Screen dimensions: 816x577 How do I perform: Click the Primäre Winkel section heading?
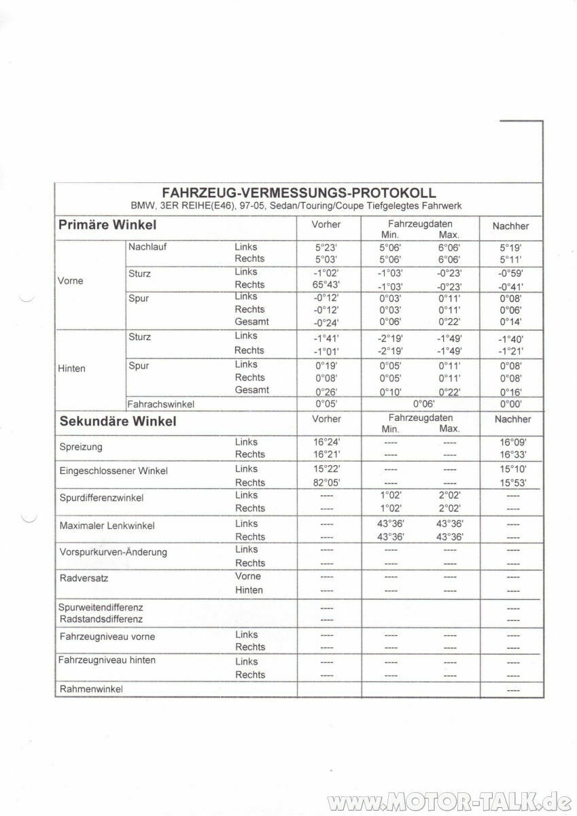(x=107, y=224)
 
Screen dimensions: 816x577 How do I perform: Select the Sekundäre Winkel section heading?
(x=118, y=421)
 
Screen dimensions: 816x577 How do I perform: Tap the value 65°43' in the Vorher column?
(x=326, y=284)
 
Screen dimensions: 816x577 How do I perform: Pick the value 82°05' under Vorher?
(x=326, y=482)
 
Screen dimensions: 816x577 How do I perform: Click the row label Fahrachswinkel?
(x=161, y=405)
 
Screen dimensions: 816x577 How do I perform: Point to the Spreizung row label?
(x=82, y=448)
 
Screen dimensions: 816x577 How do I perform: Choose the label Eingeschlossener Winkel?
(x=113, y=471)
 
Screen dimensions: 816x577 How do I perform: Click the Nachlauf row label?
(x=147, y=247)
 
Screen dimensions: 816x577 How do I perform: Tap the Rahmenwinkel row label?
(x=91, y=689)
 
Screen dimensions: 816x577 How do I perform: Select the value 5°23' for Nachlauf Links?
(x=326, y=248)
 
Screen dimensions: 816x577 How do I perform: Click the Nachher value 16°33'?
(x=512, y=454)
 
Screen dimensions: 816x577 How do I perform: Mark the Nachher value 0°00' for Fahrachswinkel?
(x=510, y=404)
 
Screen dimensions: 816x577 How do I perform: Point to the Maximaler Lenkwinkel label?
(x=107, y=526)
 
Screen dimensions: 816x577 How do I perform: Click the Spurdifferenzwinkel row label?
(x=101, y=498)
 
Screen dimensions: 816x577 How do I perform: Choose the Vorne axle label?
(x=71, y=281)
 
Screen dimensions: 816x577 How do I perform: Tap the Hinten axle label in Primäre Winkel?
(x=73, y=369)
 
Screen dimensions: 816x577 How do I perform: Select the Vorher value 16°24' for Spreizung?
(x=326, y=442)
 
